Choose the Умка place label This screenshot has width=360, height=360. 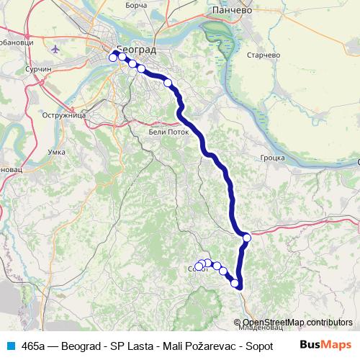(x=56, y=151)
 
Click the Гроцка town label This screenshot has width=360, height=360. (x=274, y=156)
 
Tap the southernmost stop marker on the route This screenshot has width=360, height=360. (x=235, y=283)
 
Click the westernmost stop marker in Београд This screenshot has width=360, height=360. (x=113, y=58)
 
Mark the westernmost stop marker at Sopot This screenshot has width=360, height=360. (x=199, y=266)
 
